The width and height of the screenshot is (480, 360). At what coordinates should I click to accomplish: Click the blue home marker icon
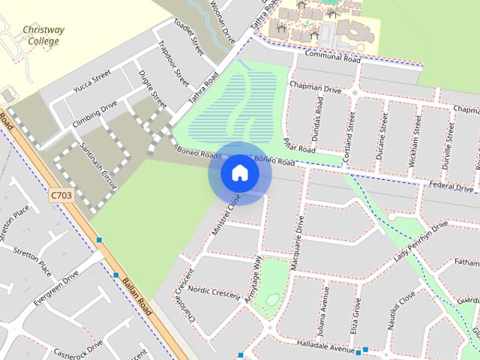(x=239, y=173)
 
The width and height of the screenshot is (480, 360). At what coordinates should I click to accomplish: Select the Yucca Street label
(x=91, y=81)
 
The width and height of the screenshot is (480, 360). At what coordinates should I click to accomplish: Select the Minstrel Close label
(x=225, y=214)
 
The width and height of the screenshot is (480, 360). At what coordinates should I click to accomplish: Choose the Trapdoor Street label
(x=173, y=62)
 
